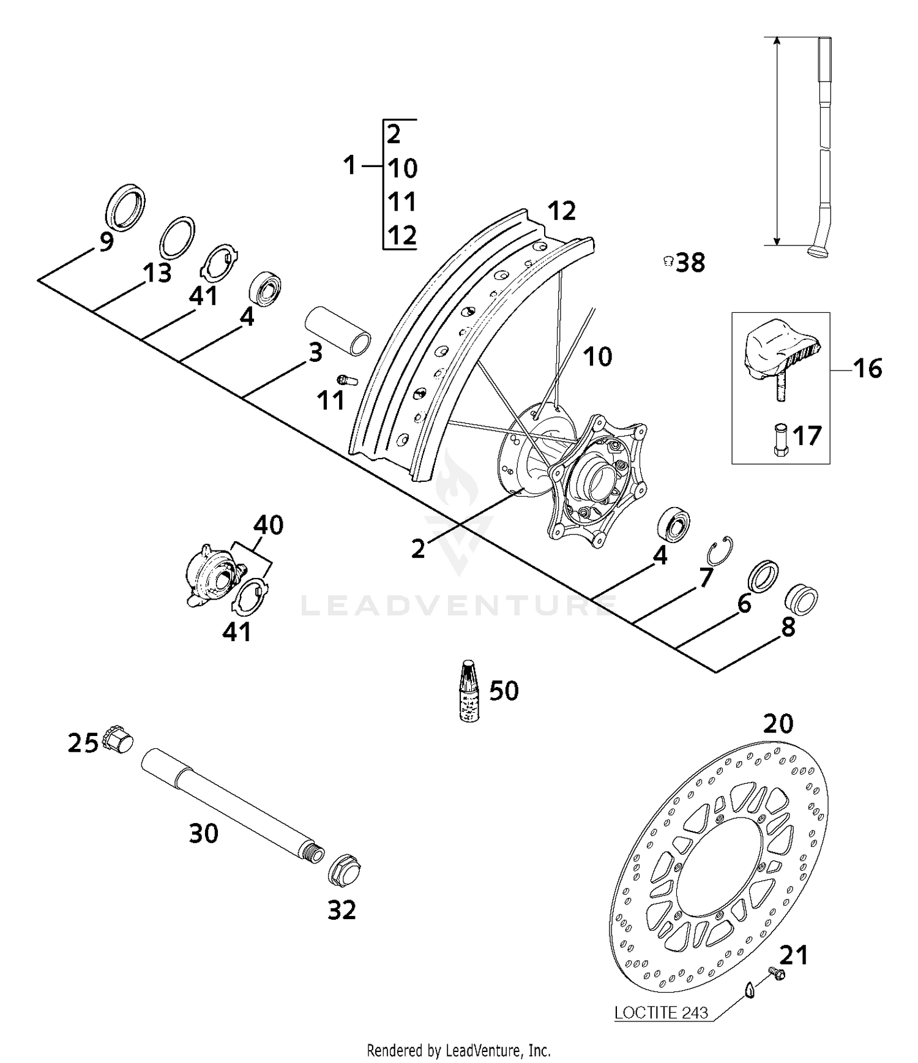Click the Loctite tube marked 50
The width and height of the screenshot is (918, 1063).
[x=469, y=690]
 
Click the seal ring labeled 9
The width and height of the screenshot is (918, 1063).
[x=125, y=206]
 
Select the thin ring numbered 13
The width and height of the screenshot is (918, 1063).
[x=177, y=237]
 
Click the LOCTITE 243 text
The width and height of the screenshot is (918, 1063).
[x=661, y=1013]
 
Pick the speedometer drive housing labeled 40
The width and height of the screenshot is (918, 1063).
[x=211, y=573]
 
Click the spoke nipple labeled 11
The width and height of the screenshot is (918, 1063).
[x=347, y=379]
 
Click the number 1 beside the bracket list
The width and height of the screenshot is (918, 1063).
[x=349, y=165]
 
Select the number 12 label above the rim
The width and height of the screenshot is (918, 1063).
[x=561, y=211]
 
